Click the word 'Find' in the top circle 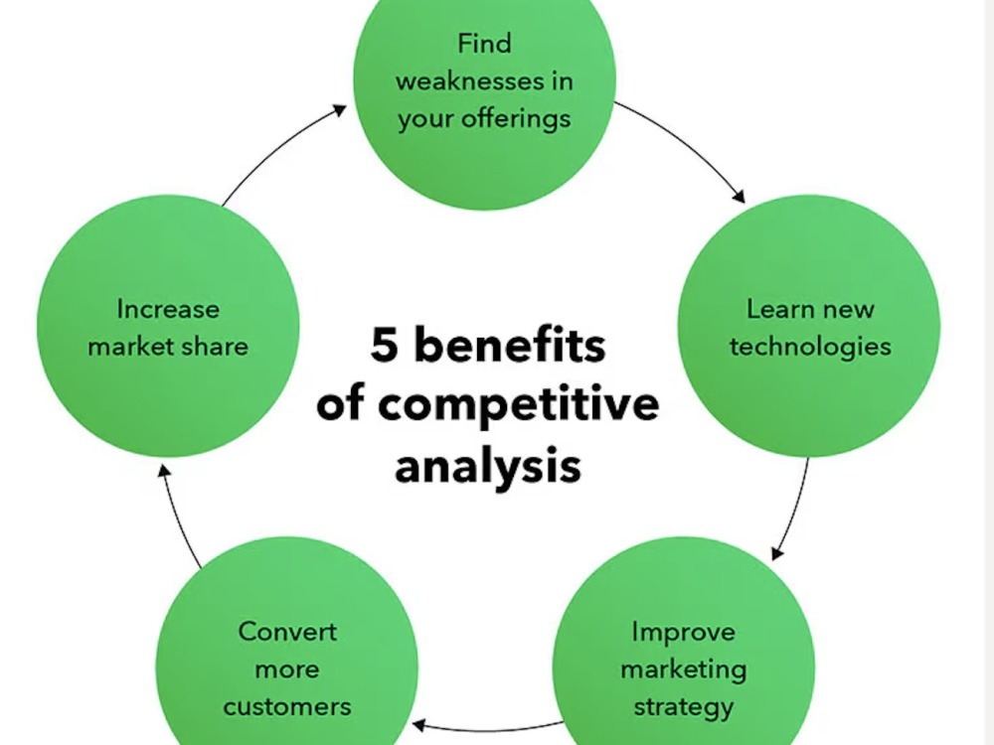point(484,44)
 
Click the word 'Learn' point(778,309)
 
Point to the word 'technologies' point(810,347)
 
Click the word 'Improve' point(684,632)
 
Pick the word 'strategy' point(684,707)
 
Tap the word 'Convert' point(287,632)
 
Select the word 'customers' point(287,707)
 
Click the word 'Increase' point(168,309)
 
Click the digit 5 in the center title point(384,345)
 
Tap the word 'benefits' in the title point(510,345)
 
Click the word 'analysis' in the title point(487,467)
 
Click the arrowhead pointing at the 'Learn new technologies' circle point(739,196)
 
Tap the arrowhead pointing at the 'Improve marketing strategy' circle point(776,553)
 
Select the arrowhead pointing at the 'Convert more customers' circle point(419,724)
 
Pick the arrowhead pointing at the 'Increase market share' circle point(164,471)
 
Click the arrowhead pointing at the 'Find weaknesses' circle point(340,110)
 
